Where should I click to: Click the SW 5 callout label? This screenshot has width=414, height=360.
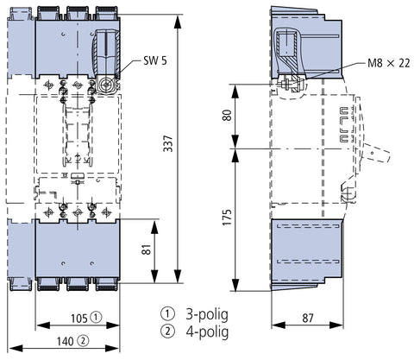click(x=155, y=60)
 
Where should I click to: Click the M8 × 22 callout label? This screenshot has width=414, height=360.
click(x=389, y=63)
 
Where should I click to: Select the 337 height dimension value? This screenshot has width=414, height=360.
click(x=168, y=143)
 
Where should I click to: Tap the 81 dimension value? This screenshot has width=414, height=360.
click(x=147, y=249)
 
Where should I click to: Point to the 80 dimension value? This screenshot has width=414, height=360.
click(x=227, y=116)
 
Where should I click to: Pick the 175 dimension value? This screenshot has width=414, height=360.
click(x=227, y=218)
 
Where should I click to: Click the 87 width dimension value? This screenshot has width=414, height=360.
click(x=308, y=318)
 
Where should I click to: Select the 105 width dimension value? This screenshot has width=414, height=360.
click(x=79, y=319)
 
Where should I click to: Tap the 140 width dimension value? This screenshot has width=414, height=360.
click(x=65, y=342)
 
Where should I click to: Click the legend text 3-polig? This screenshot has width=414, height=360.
click(x=207, y=315)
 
